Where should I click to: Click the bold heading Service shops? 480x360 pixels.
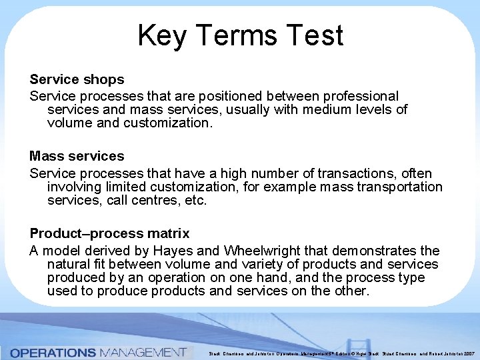(x=77, y=79)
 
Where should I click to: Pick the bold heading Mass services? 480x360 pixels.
(x=77, y=156)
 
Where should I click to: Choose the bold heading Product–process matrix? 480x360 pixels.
(x=109, y=233)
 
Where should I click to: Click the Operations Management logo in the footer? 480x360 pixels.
(x=98, y=352)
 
